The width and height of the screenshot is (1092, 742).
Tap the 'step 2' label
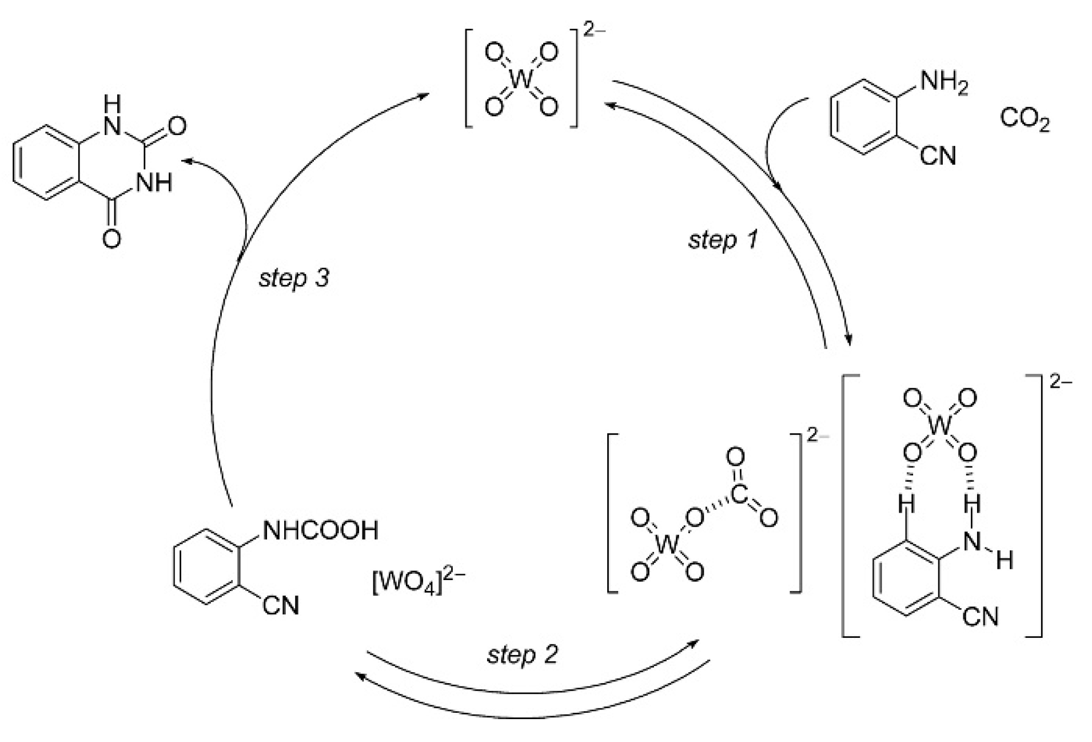click(521, 654)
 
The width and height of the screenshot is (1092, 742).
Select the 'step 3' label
click(294, 278)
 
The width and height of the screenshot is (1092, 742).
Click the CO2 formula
click(1025, 120)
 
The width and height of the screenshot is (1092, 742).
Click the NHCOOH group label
click(320, 530)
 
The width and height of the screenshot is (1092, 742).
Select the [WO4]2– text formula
click(418, 584)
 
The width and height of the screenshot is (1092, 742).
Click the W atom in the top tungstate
click(521, 80)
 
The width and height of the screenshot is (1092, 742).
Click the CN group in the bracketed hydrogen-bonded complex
click(980, 617)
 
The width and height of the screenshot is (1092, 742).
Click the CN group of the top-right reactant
click(938, 155)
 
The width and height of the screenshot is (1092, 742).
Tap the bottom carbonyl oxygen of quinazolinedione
click(112, 239)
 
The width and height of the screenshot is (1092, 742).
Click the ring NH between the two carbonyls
click(153, 183)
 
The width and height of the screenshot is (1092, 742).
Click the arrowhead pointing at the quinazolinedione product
click(186, 162)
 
